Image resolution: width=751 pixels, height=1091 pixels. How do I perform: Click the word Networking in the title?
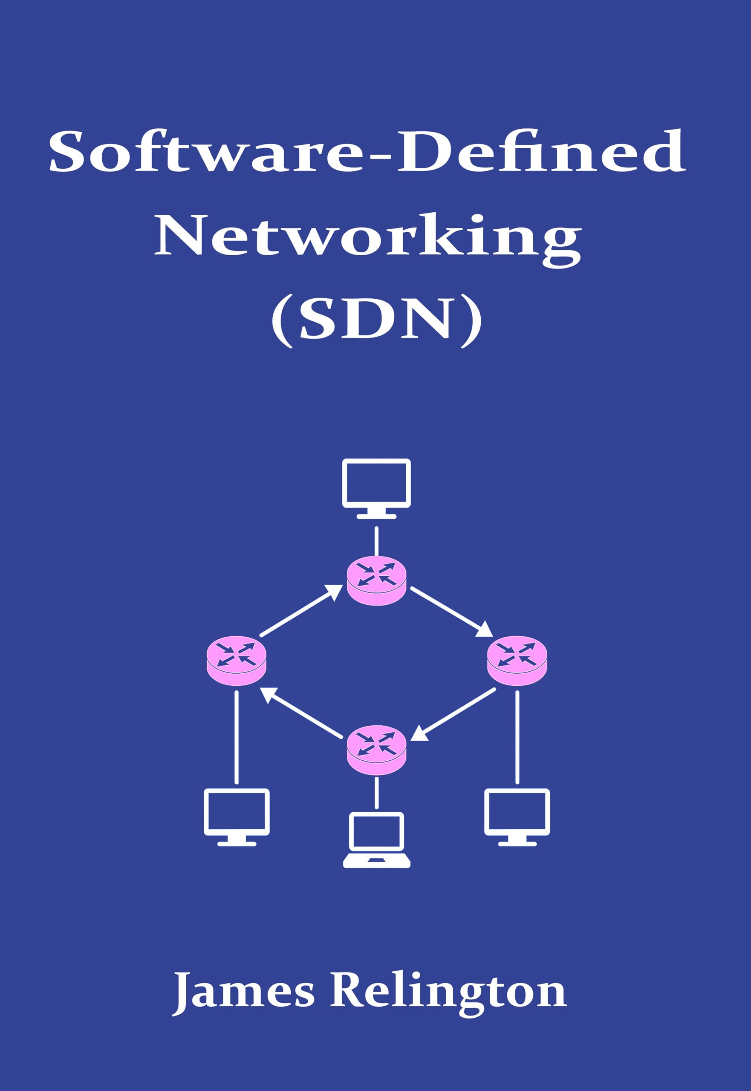point(368,235)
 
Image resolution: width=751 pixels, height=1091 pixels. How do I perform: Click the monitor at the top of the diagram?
point(376,488)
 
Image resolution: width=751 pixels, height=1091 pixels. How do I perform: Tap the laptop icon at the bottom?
point(376,840)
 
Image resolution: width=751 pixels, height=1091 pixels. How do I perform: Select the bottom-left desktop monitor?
point(237,817)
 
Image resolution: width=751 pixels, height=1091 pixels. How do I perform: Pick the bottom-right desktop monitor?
point(517,817)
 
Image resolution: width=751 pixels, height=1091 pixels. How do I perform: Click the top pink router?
point(376,581)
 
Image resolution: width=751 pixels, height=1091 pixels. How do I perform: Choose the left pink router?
point(237,661)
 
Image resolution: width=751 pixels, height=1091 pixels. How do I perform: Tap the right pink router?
point(517,661)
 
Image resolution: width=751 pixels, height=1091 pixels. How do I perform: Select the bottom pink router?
point(376,750)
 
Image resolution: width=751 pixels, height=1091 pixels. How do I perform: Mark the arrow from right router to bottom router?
point(454,714)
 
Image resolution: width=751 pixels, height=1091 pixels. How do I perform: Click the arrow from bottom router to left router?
point(301,713)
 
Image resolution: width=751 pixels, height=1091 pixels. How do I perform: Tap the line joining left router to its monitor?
point(236,737)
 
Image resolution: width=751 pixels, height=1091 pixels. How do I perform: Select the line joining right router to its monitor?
point(517,737)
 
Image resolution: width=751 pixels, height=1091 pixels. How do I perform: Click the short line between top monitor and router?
point(376,541)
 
